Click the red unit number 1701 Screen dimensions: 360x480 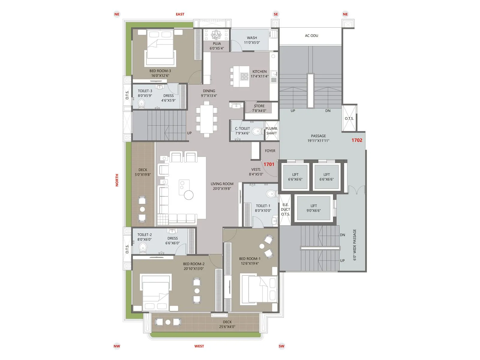pyautogui.click(x=269, y=164)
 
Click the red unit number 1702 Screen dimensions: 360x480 pyautogui.click(x=357, y=140)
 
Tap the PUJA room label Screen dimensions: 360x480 pyautogui.click(x=217, y=46)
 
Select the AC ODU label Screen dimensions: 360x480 pyautogui.click(x=311, y=35)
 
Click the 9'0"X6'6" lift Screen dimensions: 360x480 pyautogui.click(x=313, y=208)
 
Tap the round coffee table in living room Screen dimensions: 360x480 pyautogui.click(x=189, y=195)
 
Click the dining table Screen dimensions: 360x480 pyautogui.click(x=207, y=119)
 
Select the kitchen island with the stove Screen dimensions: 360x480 pyautogui.click(x=241, y=76)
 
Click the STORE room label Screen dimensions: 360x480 pyautogui.click(x=259, y=108)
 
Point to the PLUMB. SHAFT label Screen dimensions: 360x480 pyautogui.click(x=271, y=131)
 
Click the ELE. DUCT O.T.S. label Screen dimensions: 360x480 pyautogui.click(x=285, y=209)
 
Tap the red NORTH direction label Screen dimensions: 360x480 pyautogui.click(x=117, y=180)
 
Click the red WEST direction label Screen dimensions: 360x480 pyautogui.click(x=199, y=346)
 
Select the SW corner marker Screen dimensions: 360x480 pyautogui.click(x=281, y=346)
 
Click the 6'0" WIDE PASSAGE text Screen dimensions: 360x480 pyautogui.click(x=355, y=244)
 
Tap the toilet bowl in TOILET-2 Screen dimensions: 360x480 pyautogui.click(x=143, y=247)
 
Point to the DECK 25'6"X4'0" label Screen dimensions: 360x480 pyautogui.click(x=227, y=324)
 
